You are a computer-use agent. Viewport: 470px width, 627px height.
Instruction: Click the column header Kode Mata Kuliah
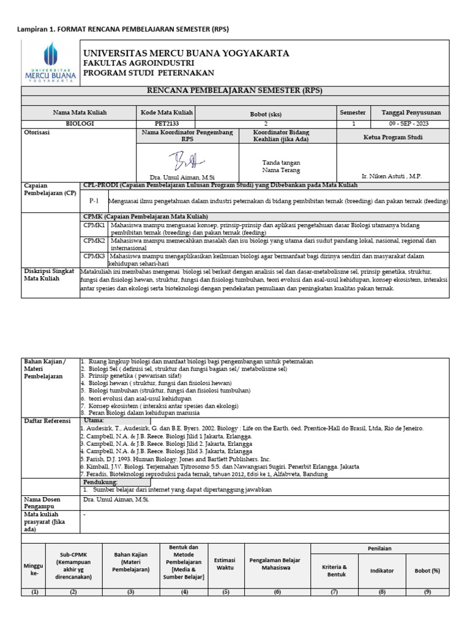[166, 113]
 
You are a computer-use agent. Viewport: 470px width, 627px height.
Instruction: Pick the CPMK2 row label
[95, 241]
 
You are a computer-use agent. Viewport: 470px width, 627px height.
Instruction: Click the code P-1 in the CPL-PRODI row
[94, 200]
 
